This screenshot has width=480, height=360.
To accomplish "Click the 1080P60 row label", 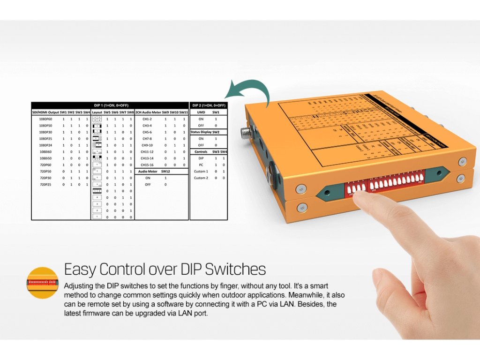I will click(45, 119).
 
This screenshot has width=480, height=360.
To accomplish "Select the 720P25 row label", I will click(45, 185).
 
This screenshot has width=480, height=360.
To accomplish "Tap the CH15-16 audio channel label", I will click(148, 165).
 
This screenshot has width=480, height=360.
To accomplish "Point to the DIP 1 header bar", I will click(110, 105).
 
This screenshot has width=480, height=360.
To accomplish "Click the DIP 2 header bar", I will click(209, 105).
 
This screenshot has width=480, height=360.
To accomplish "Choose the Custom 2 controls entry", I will click(201, 178).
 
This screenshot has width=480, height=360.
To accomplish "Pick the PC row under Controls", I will click(201, 165).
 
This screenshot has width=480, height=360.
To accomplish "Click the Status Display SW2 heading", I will click(208, 132).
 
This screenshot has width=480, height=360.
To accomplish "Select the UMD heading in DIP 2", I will click(201, 112).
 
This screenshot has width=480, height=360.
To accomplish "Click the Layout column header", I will click(97, 112).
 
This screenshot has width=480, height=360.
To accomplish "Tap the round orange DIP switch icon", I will click(42, 283).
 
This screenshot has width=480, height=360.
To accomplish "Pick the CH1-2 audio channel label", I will click(148, 119).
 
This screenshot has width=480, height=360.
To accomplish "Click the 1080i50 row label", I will click(45, 158).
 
